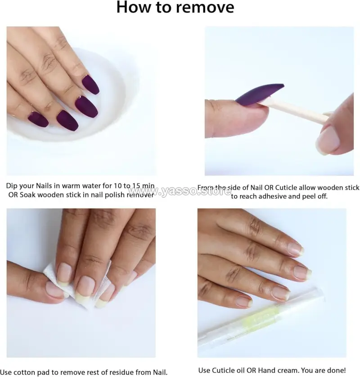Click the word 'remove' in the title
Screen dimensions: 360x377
pos(205,7)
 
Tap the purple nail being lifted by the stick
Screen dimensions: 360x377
pos(259,94)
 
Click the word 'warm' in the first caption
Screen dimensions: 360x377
pos(72,186)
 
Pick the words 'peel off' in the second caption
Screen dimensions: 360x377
pos(315,196)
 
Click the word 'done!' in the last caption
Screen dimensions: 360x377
pos(336,370)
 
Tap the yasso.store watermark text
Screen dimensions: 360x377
pos(180,191)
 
